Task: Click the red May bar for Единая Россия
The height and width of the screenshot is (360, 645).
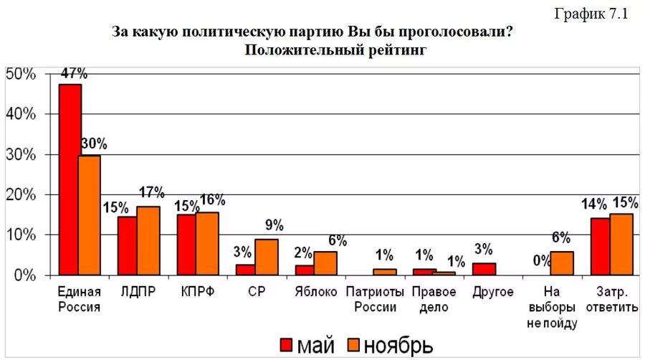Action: pos(70,179)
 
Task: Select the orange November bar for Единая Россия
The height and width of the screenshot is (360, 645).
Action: pos(90,215)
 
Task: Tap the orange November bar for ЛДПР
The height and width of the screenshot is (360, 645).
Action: pos(148,240)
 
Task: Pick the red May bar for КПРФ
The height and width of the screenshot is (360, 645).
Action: pos(186,245)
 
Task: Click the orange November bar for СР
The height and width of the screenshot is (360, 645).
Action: pos(267,257)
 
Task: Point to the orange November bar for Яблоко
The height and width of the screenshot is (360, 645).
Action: pos(325,263)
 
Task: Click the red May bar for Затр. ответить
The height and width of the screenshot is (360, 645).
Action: pos(600,246)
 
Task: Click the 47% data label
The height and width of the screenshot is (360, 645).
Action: pos(74,73)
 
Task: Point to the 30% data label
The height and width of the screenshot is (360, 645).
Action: pos(95,144)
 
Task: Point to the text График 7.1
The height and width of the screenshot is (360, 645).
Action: pos(591,14)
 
